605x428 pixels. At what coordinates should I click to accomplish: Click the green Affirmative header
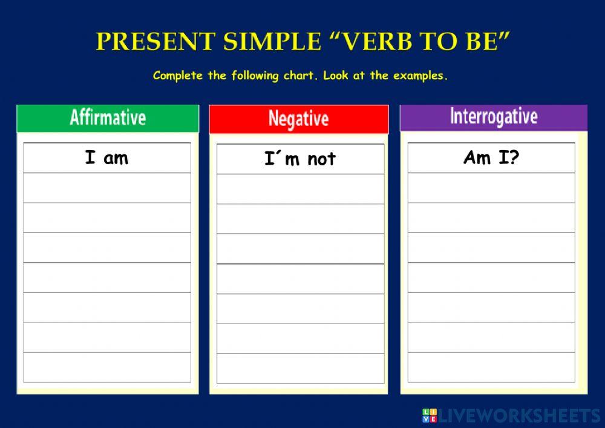pyautogui.click(x=108, y=117)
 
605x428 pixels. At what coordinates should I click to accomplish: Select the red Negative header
pyautogui.click(x=298, y=118)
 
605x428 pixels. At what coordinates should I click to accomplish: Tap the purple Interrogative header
pyautogui.click(x=493, y=116)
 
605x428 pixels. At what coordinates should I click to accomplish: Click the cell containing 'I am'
pyautogui.click(x=107, y=158)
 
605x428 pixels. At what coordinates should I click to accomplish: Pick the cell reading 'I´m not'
pyautogui.click(x=300, y=159)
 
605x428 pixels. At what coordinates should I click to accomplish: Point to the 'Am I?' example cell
pyautogui.click(x=491, y=158)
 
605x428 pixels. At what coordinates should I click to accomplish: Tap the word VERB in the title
pyautogui.click(x=372, y=42)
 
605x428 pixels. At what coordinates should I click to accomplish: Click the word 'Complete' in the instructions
pyautogui.click(x=176, y=76)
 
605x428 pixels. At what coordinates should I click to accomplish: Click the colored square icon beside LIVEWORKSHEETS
pyautogui.click(x=429, y=415)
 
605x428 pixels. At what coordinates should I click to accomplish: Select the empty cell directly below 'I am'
pyautogui.click(x=107, y=188)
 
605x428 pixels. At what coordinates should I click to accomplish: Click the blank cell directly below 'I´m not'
pyautogui.click(x=300, y=189)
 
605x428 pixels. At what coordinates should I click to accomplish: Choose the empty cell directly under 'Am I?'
pyautogui.click(x=491, y=188)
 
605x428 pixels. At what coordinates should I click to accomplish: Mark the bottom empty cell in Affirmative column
pyautogui.click(x=107, y=367)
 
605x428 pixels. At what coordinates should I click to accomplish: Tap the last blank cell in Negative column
pyautogui.click(x=300, y=368)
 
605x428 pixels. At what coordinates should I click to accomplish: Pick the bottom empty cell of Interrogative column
pyautogui.click(x=491, y=367)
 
